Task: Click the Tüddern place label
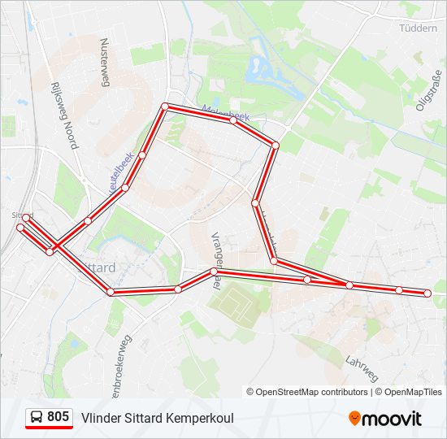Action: pyautogui.click(x=419, y=28)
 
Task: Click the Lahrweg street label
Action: pyautogui.click(x=362, y=368)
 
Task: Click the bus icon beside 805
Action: pyautogui.click(x=37, y=417)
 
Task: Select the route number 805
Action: pyautogui.click(x=58, y=417)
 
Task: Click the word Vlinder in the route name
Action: pyautogui.click(x=98, y=418)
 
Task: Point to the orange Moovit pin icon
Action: pyautogui.click(x=355, y=418)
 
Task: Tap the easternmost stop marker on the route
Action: pyautogui.click(x=427, y=293)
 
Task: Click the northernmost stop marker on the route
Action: pyautogui.click(x=164, y=106)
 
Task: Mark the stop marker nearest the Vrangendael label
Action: pyautogui.click(x=214, y=272)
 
